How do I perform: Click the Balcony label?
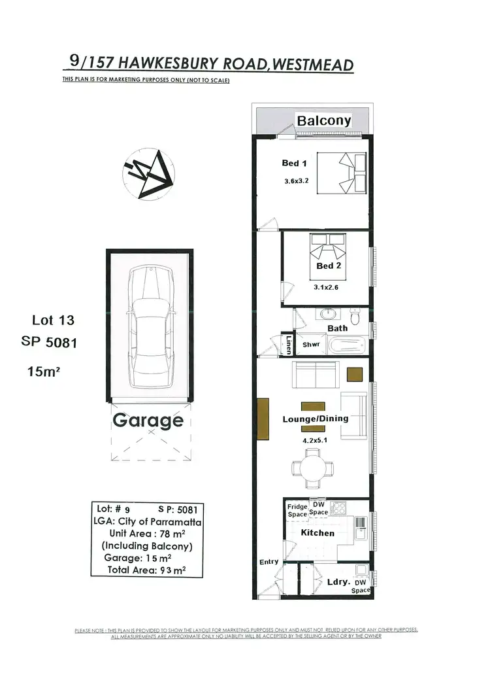click(324, 120)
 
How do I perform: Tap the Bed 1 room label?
click(290, 163)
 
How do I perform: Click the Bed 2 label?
click(329, 266)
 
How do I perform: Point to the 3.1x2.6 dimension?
click(326, 286)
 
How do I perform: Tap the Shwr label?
click(310, 344)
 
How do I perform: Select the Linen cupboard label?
click(288, 343)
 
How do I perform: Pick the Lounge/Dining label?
click(314, 419)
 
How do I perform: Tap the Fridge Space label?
click(298, 510)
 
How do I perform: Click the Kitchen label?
click(317, 533)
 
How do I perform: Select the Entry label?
click(269, 561)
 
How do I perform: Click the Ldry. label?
click(338, 581)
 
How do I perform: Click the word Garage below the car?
click(148, 419)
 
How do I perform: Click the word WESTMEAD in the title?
click(312, 65)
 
